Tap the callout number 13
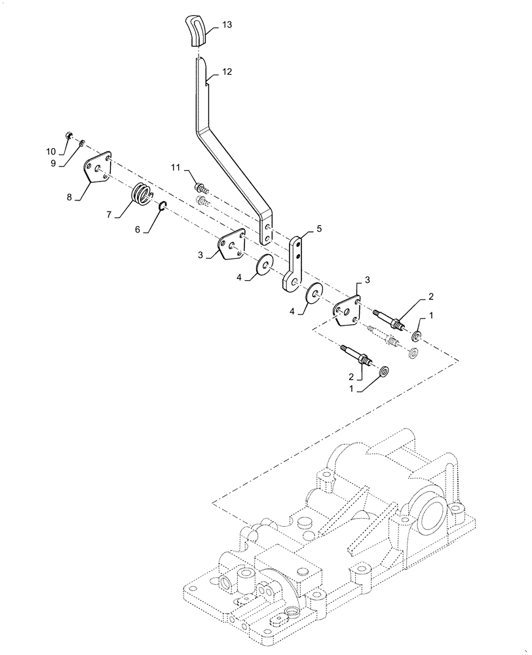(227, 25)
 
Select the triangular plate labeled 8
(98, 172)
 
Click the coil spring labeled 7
(142, 195)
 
